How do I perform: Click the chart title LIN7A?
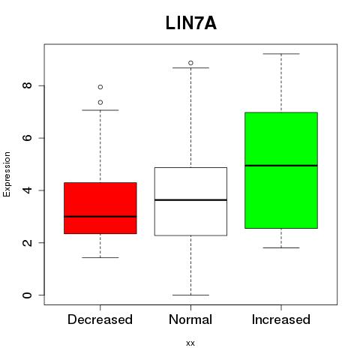coord(190,23)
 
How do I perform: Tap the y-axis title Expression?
coord(7,174)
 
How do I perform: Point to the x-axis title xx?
coord(190,343)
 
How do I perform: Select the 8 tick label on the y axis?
coord(27,85)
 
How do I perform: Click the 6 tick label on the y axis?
coord(27,138)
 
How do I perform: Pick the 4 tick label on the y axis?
coord(27,190)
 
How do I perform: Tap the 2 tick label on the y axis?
coord(27,242)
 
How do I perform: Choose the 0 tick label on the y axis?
coord(27,295)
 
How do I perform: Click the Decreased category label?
coord(100,319)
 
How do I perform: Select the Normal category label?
coord(190,319)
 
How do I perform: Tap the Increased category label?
coord(281,319)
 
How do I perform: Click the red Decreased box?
coord(100,208)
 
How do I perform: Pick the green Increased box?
coord(281,170)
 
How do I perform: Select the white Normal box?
coord(190,202)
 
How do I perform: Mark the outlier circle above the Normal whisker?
coord(190,63)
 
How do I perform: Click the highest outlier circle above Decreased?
coord(100,87)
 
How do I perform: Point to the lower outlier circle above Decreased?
coord(100,103)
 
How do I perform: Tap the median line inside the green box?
coord(281,166)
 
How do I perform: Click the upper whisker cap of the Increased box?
coord(281,54)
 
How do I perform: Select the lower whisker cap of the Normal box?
coord(190,295)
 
